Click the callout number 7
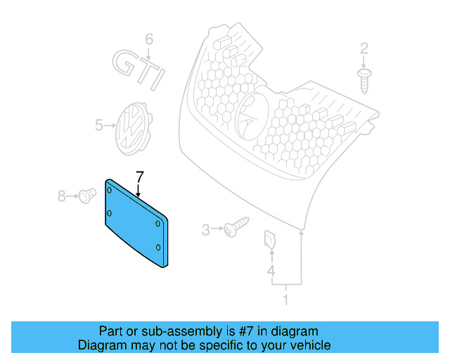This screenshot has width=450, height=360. [139, 176]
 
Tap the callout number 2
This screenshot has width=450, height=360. [364, 49]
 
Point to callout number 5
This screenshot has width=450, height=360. [99, 126]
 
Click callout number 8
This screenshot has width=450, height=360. [62, 196]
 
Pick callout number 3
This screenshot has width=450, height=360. [206, 229]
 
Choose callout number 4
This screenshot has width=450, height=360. [271, 271]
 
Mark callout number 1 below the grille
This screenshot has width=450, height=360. [285, 300]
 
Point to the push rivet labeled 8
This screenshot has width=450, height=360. [86, 195]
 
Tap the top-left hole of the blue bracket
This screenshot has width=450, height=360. [110, 191]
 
